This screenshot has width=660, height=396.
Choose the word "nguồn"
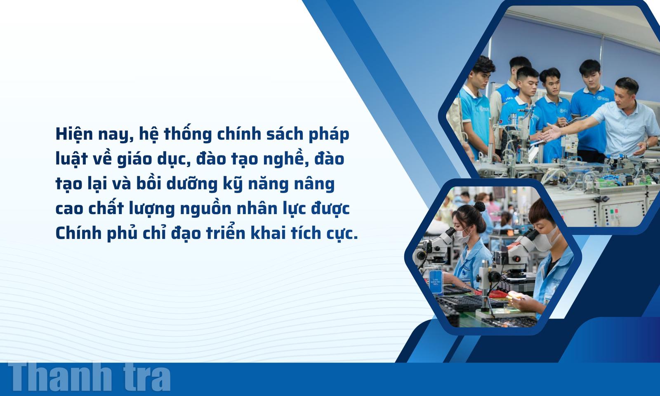click(206, 209)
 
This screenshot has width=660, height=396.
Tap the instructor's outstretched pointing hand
click(552, 132)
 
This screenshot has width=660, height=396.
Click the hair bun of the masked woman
click(480, 206)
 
